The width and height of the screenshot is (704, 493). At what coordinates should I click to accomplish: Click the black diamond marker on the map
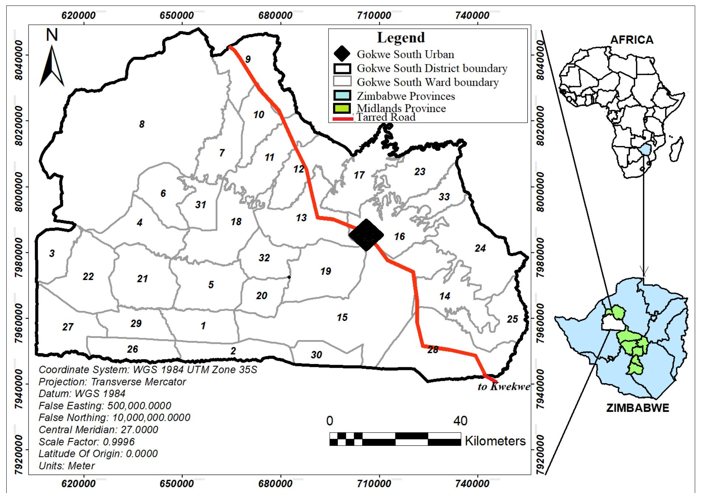(366, 235)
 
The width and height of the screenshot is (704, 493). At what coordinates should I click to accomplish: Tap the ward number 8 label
(142, 125)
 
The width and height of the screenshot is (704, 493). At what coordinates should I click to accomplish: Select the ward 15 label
(342, 317)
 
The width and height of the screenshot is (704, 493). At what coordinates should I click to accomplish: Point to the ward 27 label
(67, 327)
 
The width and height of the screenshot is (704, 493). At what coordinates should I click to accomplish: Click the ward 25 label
(512, 319)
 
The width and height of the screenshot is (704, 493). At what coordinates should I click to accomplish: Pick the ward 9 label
(248, 59)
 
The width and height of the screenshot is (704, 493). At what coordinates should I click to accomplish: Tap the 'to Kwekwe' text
(504, 387)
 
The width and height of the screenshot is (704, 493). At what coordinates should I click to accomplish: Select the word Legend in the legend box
(401, 38)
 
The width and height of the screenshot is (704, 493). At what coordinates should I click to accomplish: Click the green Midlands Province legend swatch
(341, 108)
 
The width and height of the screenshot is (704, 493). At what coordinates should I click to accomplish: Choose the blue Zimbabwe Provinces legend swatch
(341, 95)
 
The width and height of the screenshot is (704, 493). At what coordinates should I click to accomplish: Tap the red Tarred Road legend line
(342, 119)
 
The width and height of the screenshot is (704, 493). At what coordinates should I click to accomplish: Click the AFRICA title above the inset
(631, 40)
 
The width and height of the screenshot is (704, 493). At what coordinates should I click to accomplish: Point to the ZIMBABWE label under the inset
(637, 408)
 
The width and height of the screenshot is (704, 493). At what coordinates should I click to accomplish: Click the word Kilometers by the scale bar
(495, 441)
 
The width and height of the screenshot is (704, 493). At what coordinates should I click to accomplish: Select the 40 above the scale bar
(460, 421)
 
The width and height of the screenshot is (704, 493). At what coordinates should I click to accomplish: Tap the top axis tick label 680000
(275, 15)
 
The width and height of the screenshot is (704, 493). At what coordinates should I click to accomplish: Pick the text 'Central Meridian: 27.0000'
(98, 430)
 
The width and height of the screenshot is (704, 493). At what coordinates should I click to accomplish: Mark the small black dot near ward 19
(289, 277)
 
